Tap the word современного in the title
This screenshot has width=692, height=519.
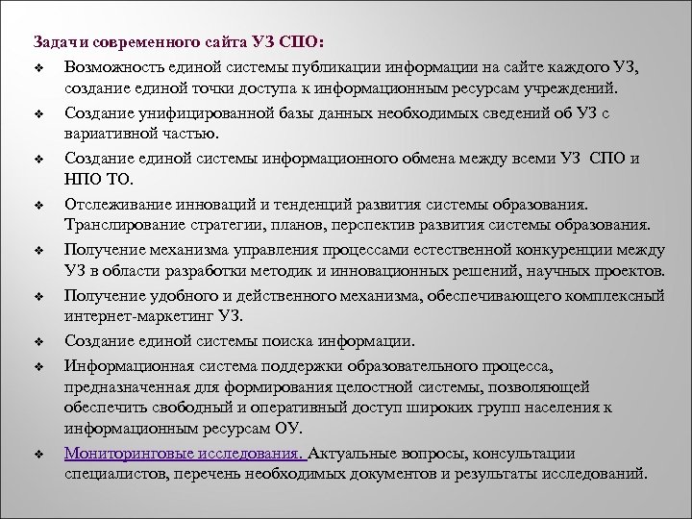pos(151,43)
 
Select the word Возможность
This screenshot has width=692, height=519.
pos(114,66)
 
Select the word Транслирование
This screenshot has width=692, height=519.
pos(125,226)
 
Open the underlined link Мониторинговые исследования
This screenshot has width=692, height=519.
pos(183,454)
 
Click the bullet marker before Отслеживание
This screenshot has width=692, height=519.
pos(38,204)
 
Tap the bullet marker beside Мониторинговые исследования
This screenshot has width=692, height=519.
pos(38,455)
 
